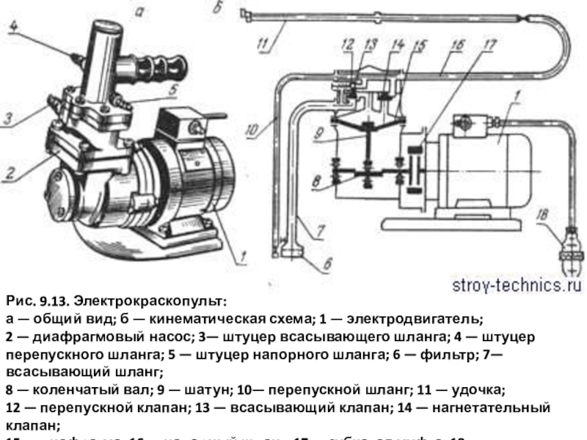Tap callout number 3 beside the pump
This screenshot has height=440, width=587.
click(x=7, y=117)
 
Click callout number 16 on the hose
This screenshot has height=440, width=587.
click(x=456, y=45)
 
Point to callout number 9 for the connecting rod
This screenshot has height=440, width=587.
click(x=317, y=135)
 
